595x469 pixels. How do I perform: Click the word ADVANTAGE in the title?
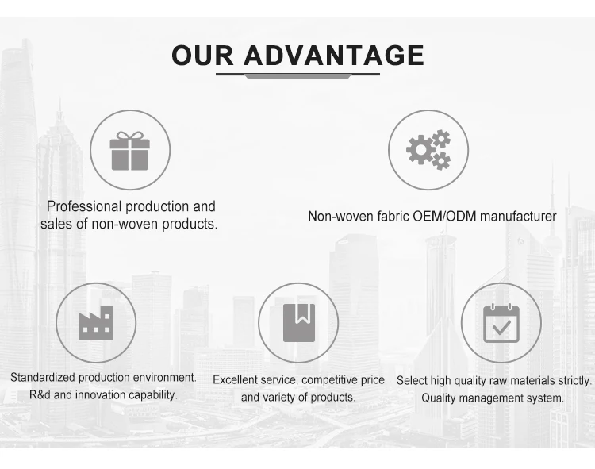pos(333,56)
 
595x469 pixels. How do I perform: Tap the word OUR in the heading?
pos(203,56)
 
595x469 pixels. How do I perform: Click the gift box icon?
pos(129,150)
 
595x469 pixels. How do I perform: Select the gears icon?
pos(428,150)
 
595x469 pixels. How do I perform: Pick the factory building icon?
pos(95,322)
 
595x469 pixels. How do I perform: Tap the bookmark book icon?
pos(298,322)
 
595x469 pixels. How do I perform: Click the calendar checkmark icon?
pos(501,322)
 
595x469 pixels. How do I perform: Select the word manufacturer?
pos(518,217)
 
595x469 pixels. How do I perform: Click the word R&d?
pos(40,394)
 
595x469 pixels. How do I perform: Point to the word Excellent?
pos(236,380)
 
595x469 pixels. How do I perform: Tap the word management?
pos(491,398)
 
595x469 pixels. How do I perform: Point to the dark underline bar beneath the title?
pos(297,75)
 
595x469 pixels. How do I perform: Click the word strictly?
pos(575,381)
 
